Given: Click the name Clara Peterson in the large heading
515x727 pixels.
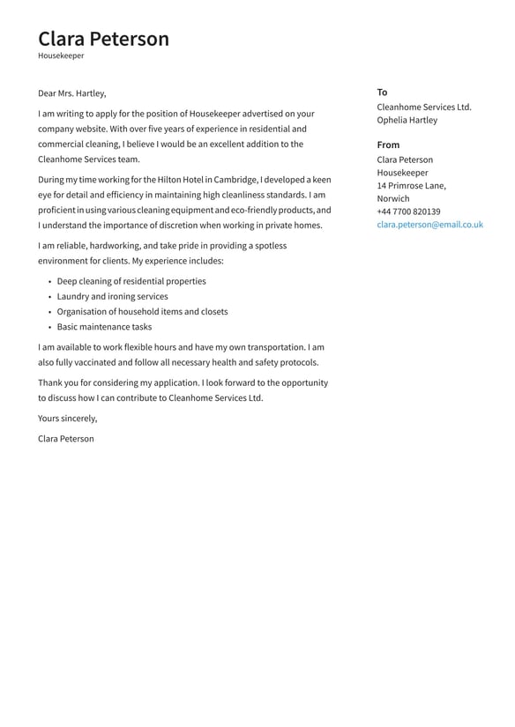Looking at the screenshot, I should click(x=103, y=39).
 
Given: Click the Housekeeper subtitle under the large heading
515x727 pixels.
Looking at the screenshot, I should click(x=61, y=56).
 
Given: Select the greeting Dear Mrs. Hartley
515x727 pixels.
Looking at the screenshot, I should click(x=71, y=93).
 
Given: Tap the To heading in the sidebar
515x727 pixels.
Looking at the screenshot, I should click(x=382, y=92).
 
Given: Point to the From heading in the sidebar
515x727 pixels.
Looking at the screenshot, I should click(x=388, y=145).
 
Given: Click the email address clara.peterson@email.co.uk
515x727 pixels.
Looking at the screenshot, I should click(x=429, y=225).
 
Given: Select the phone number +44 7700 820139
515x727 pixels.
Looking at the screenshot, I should click(x=408, y=211).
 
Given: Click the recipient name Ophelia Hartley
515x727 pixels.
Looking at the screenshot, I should click(x=407, y=120).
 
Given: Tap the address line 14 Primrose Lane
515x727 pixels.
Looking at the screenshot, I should click(x=411, y=186).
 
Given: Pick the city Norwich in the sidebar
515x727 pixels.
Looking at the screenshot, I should click(x=393, y=198).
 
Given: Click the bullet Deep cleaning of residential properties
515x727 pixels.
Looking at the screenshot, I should click(x=131, y=281).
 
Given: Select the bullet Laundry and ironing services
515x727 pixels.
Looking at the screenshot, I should click(x=112, y=296).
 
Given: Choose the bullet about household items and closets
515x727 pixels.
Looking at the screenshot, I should click(x=142, y=311).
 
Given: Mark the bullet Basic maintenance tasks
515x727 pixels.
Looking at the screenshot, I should click(x=104, y=327).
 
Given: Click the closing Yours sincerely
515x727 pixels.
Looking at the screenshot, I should click(x=67, y=419).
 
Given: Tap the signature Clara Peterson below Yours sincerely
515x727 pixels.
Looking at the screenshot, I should click(x=65, y=439).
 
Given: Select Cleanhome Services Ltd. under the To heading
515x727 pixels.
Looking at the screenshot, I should click(x=424, y=107).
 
